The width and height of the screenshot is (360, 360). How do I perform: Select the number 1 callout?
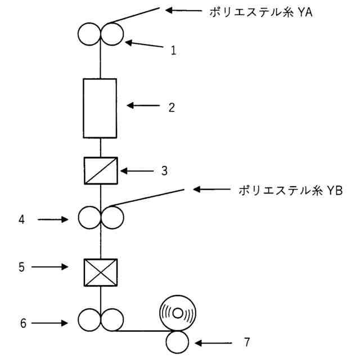tap(174, 50)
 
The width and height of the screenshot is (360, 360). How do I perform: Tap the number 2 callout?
tap(172, 107)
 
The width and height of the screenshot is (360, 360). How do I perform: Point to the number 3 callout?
tap(164, 170)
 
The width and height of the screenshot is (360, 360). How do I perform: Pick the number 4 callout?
tap(22, 220)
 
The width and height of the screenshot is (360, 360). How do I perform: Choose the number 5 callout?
tap(22, 267)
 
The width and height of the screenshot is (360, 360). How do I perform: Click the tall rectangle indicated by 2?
tap(100, 108)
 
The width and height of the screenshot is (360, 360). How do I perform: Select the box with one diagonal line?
tap(100, 170)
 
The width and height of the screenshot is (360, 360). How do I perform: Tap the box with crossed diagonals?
tap(100, 273)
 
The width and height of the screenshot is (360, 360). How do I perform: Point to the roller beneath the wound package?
tap(177, 340)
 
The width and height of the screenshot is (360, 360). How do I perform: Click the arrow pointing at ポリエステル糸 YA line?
tap(183, 10)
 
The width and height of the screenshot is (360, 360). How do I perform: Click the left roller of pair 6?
tap(89, 318)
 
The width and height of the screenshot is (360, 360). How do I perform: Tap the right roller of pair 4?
tap(112, 217)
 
